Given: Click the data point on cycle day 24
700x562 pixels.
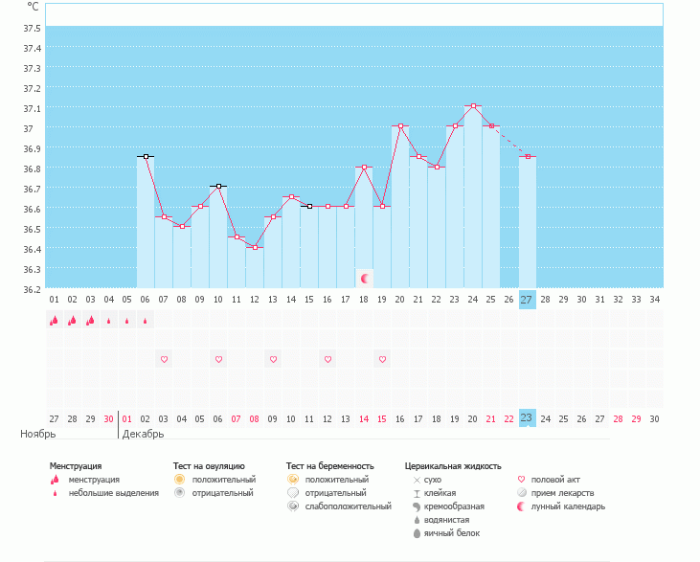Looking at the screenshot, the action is pos(473,105).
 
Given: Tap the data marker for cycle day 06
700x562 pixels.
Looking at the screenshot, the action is pos(146,156).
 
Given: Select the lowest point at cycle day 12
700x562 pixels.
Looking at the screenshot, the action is pos(255,247).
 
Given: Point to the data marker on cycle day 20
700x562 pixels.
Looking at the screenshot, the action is pos(400,125).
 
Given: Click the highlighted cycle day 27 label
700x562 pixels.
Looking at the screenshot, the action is pos(527,299).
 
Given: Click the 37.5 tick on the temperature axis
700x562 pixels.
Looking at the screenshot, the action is pos(33,28).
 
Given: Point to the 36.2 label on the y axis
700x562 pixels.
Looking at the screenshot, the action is pos(33,289).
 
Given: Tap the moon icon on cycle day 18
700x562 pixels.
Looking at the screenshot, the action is pos(364,279).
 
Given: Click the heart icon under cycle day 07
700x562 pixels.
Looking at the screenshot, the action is pos(164,359).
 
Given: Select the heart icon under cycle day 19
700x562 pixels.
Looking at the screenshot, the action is pos(382,359).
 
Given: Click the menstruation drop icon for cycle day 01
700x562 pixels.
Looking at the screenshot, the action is pos(54,320).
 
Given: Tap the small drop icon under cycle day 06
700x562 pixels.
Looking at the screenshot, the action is pos(146,321).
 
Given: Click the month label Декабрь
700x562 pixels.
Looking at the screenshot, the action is pos(143,434).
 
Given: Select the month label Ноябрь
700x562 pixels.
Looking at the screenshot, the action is pos(38,434).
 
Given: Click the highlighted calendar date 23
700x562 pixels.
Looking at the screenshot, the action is pos(527,417).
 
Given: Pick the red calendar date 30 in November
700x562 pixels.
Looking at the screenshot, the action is pos(108,418).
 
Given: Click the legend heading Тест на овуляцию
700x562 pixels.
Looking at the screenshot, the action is pos(209,466).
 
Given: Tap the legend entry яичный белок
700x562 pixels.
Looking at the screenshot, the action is pos(452,533).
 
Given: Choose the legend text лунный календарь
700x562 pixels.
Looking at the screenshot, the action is pos(568,506).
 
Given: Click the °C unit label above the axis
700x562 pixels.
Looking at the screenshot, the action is pos(33,7).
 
